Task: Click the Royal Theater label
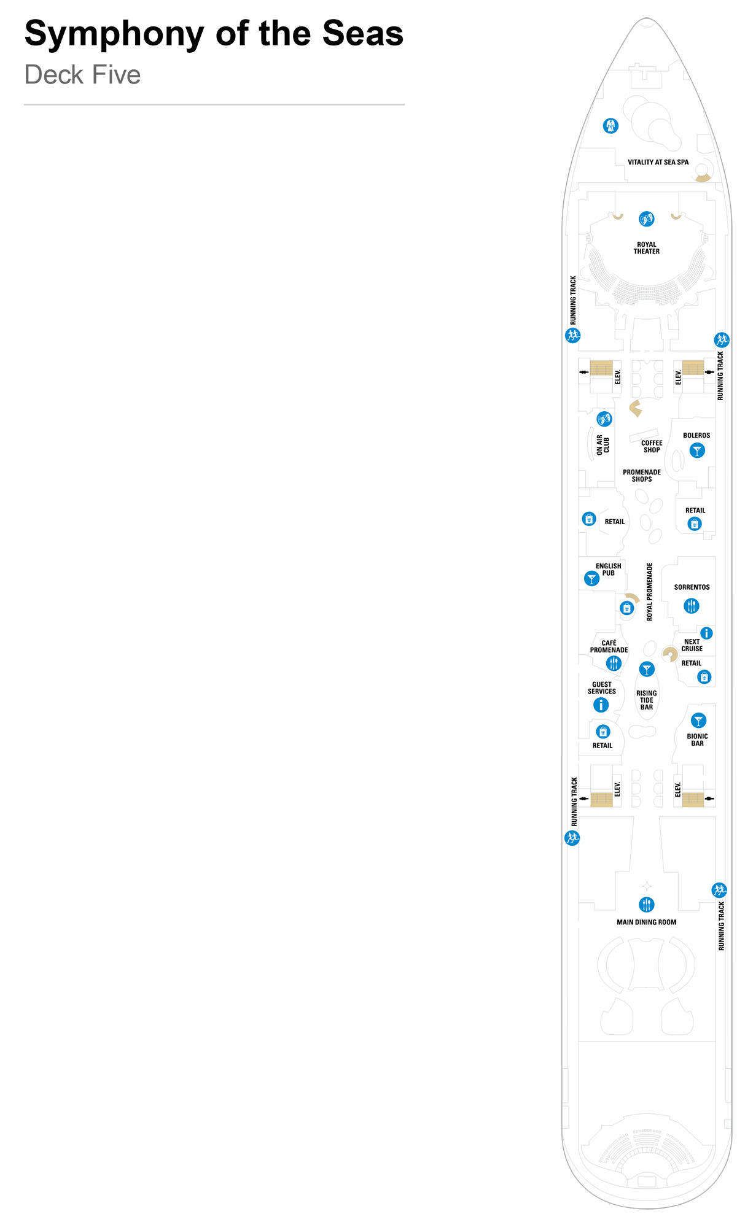pyautogui.click(x=646, y=248)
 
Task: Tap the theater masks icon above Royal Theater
pyautogui.click(x=646, y=219)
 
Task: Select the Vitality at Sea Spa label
pyautogui.click(x=658, y=163)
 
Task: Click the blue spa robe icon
pyautogui.click(x=610, y=126)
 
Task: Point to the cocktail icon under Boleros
pyautogui.click(x=696, y=451)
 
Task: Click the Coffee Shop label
pyautogui.click(x=652, y=446)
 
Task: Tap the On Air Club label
pyautogui.click(x=602, y=445)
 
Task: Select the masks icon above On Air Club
pyautogui.click(x=604, y=419)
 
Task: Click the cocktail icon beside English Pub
pyautogui.click(x=591, y=579)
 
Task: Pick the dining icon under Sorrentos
pyautogui.click(x=692, y=606)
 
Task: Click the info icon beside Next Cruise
pyautogui.click(x=707, y=633)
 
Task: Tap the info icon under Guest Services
pyautogui.click(x=601, y=705)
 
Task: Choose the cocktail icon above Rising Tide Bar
pyautogui.click(x=647, y=669)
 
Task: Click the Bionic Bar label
pyautogui.click(x=697, y=740)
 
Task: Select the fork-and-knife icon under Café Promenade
pyautogui.click(x=614, y=663)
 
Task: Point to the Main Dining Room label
pyautogui.click(x=646, y=922)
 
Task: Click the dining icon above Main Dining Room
pyautogui.click(x=647, y=904)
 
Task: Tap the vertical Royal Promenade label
pyautogui.click(x=650, y=592)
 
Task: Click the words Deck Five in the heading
pyautogui.click(x=82, y=75)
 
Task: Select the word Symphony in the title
pyautogui.click(x=114, y=34)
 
